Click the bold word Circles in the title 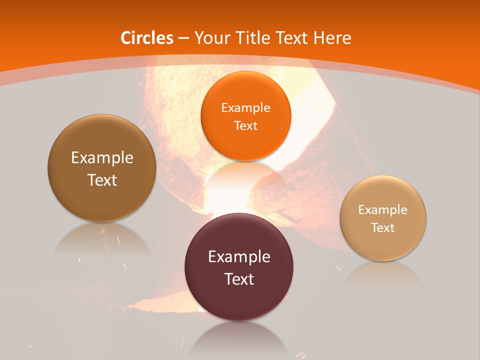[x=147, y=38]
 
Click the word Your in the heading [x=212, y=38]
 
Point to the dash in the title [x=184, y=38]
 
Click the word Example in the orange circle [x=245, y=107]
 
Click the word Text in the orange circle [x=245, y=125]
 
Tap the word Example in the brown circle [x=102, y=157]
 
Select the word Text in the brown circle [x=102, y=180]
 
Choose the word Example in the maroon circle [x=239, y=256]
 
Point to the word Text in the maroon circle [x=239, y=279]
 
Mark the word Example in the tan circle [x=383, y=209]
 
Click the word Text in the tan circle [x=383, y=227]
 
